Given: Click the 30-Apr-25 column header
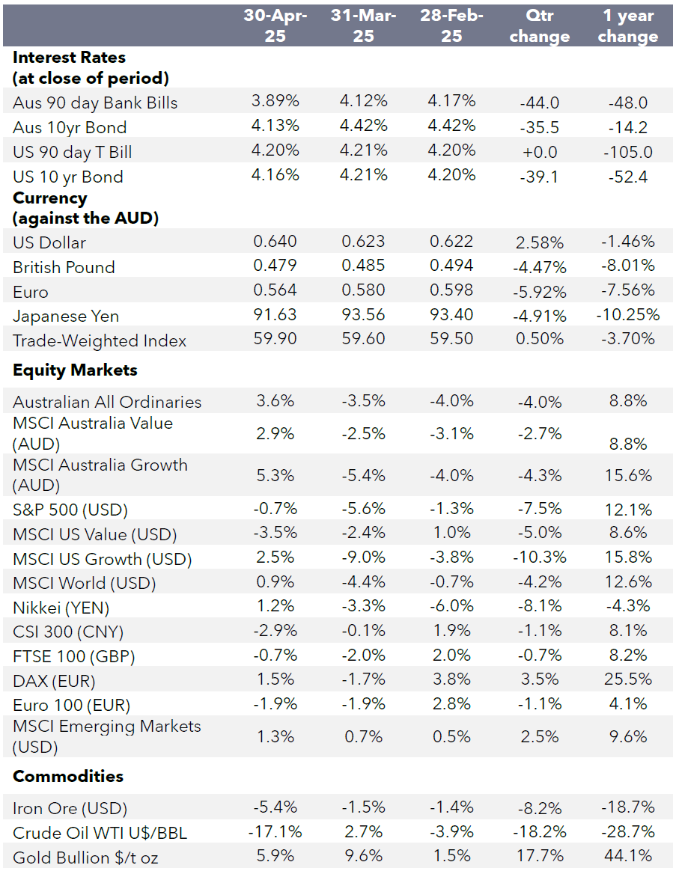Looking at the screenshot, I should (275, 26).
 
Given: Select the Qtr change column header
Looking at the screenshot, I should (539, 26).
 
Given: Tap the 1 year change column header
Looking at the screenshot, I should (628, 26).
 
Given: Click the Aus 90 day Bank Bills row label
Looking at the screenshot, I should (95, 103).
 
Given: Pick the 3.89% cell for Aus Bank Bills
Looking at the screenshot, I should (275, 101).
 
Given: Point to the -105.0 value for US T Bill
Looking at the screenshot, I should (627, 153).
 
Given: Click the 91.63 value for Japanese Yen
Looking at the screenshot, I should (275, 314).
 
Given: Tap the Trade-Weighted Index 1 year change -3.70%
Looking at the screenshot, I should (627, 339).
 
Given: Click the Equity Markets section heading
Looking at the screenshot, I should (75, 370).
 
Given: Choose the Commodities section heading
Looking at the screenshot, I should (68, 776).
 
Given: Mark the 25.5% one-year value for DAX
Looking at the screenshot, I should (627, 680).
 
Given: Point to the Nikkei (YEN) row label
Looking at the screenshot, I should (61, 608).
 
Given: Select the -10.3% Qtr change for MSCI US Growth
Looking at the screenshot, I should (539, 558).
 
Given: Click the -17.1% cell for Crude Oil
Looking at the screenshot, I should (275, 831).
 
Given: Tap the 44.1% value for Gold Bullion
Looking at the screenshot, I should (627, 855).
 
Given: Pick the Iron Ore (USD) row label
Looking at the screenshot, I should (70, 808).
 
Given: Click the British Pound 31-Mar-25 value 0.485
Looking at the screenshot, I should (363, 266).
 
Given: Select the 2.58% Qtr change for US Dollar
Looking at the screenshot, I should (539, 242).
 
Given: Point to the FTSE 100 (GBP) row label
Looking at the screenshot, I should (73, 657).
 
